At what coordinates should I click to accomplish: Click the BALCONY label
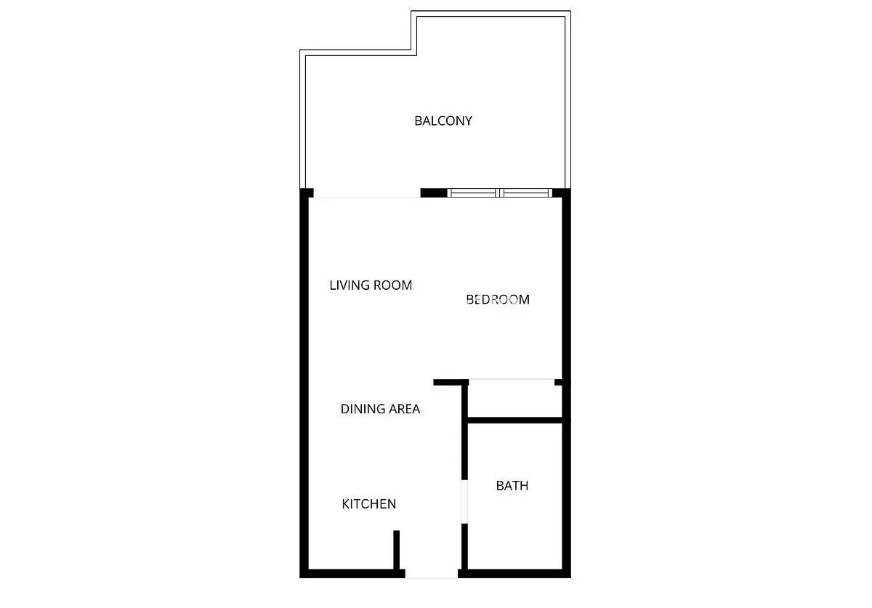tap(443, 121)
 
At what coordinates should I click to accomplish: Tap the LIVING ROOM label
tap(371, 285)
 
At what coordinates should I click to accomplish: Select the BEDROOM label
tap(498, 299)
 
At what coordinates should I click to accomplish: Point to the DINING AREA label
tap(380, 409)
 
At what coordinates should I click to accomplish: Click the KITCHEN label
tap(368, 504)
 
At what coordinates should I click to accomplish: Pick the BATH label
tap(512, 486)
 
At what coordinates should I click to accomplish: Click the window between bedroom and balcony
tap(499, 192)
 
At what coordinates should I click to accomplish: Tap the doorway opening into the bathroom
tap(464, 502)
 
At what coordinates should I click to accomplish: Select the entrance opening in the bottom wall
tap(432, 574)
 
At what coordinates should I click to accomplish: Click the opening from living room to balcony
tap(367, 193)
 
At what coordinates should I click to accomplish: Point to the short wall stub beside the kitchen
tap(396, 550)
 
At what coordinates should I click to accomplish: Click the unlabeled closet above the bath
tap(514, 401)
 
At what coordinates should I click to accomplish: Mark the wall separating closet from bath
tap(514, 421)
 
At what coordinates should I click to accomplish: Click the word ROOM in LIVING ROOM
tap(392, 285)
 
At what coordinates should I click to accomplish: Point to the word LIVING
tap(350, 285)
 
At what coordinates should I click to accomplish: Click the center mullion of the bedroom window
tap(499, 192)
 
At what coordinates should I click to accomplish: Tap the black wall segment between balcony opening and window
tap(434, 193)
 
